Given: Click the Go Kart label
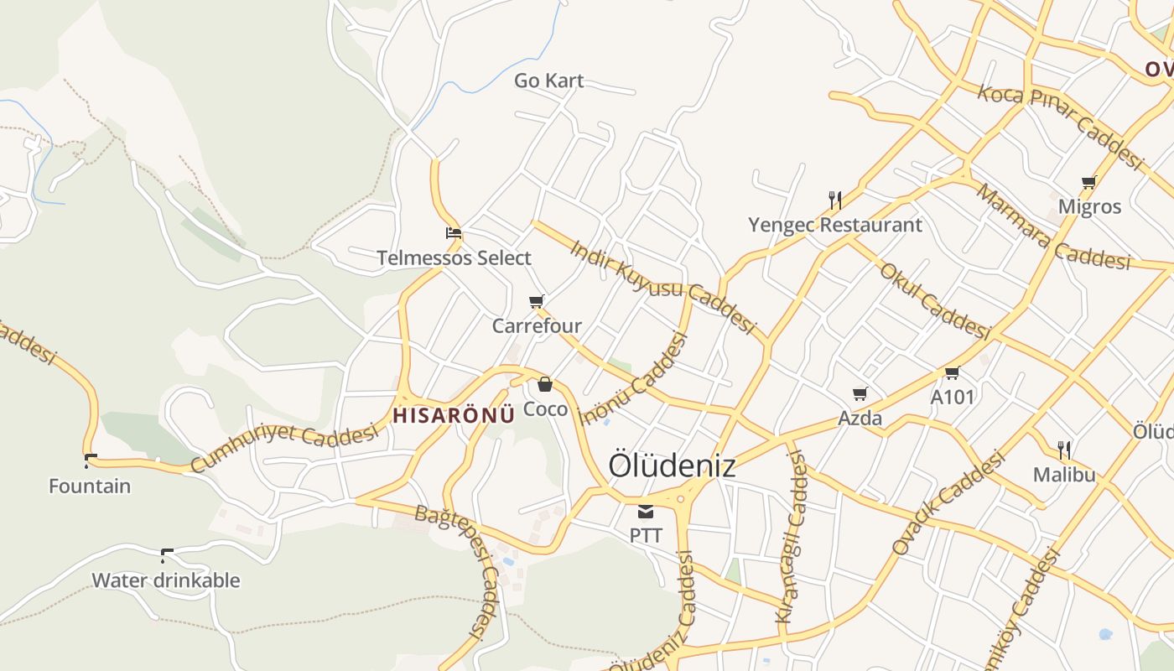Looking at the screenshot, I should [x=548, y=81].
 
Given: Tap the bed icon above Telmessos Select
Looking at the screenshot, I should [x=454, y=233].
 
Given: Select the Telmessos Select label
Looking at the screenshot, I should [x=454, y=257].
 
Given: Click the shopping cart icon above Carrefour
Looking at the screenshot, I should [x=537, y=301].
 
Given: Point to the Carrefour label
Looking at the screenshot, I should [x=537, y=325].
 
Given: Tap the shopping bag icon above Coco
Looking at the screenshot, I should [x=545, y=384].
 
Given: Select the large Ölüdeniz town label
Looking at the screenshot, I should [x=672, y=466].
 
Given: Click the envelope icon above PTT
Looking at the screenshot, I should [x=646, y=511].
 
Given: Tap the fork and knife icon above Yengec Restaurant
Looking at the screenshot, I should [x=834, y=200].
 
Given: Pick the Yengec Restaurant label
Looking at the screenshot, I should [x=834, y=225].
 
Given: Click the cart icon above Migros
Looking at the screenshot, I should [x=1089, y=182].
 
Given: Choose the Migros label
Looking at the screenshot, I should [x=1089, y=206].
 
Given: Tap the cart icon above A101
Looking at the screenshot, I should [x=952, y=372].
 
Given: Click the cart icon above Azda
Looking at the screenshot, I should [x=860, y=393].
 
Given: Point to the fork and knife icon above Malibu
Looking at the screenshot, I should [x=1064, y=450].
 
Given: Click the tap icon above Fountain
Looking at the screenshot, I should [x=90, y=460].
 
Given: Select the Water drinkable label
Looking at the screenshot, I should [x=165, y=580].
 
